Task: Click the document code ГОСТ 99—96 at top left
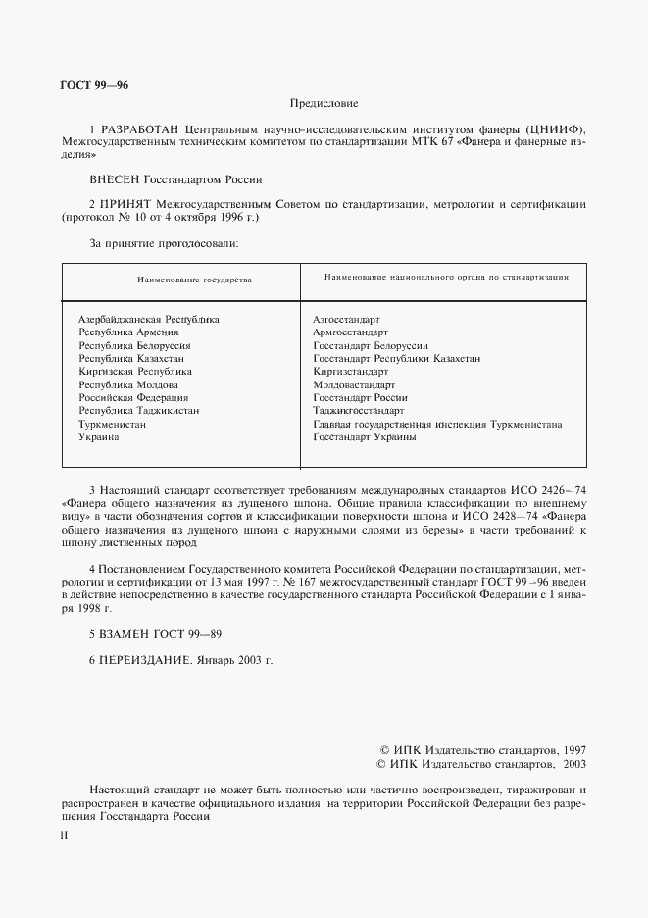[x=94, y=85]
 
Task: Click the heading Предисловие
[x=324, y=103]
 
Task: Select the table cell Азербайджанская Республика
[x=148, y=320]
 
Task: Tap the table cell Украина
[x=99, y=437]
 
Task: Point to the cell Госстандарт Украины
[x=364, y=437]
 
